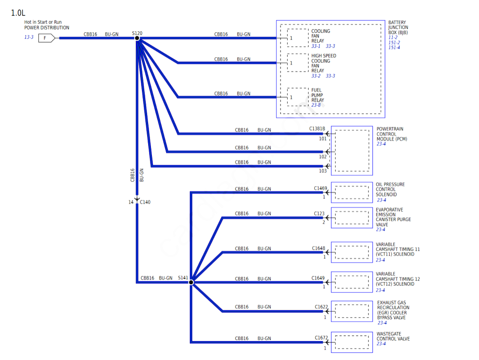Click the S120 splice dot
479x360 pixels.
click(x=137, y=38)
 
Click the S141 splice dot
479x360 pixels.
click(x=191, y=282)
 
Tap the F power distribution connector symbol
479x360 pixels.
click(x=46, y=38)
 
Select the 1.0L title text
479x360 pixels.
click(x=18, y=13)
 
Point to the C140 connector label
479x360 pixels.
click(x=145, y=202)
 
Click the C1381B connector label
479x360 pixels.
click(x=317, y=129)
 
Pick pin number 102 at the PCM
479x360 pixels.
click(x=323, y=157)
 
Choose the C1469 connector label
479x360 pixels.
click(x=320, y=188)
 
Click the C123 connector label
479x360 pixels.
click(x=319, y=214)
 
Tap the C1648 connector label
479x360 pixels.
click(x=319, y=248)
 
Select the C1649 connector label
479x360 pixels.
click(x=318, y=278)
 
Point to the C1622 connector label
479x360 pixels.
click(x=321, y=307)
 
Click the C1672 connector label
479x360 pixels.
click(x=321, y=338)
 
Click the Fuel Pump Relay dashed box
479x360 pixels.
click(x=298, y=97)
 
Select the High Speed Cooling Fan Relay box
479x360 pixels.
click(x=298, y=63)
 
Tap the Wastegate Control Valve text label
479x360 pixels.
click(x=393, y=336)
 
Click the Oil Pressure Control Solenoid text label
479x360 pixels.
click(x=390, y=189)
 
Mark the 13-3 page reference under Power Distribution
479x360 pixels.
click(x=29, y=37)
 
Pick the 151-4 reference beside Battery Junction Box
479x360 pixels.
click(x=394, y=47)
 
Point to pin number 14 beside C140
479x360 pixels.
click(x=131, y=202)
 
